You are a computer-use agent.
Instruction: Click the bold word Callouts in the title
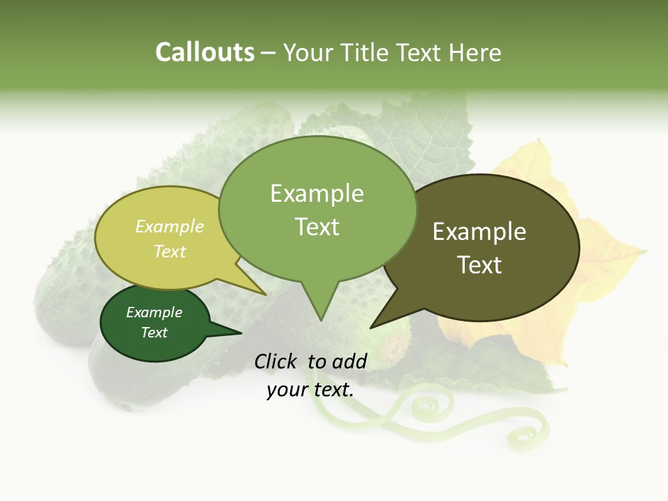coord(205,52)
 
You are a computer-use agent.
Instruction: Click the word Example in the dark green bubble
coord(154,312)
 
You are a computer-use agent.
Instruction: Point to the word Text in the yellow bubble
coord(169,251)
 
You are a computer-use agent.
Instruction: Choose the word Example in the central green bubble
coord(317,193)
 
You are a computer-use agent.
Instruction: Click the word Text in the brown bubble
coord(479,264)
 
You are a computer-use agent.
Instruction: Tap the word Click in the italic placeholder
coord(276,361)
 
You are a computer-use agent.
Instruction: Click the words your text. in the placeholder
coord(310,390)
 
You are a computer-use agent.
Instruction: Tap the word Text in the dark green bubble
coord(154,333)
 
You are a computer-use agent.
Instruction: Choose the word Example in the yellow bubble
coord(169,226)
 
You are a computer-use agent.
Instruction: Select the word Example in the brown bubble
coord(479,232)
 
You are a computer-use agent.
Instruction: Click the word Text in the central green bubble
coord(317,227)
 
